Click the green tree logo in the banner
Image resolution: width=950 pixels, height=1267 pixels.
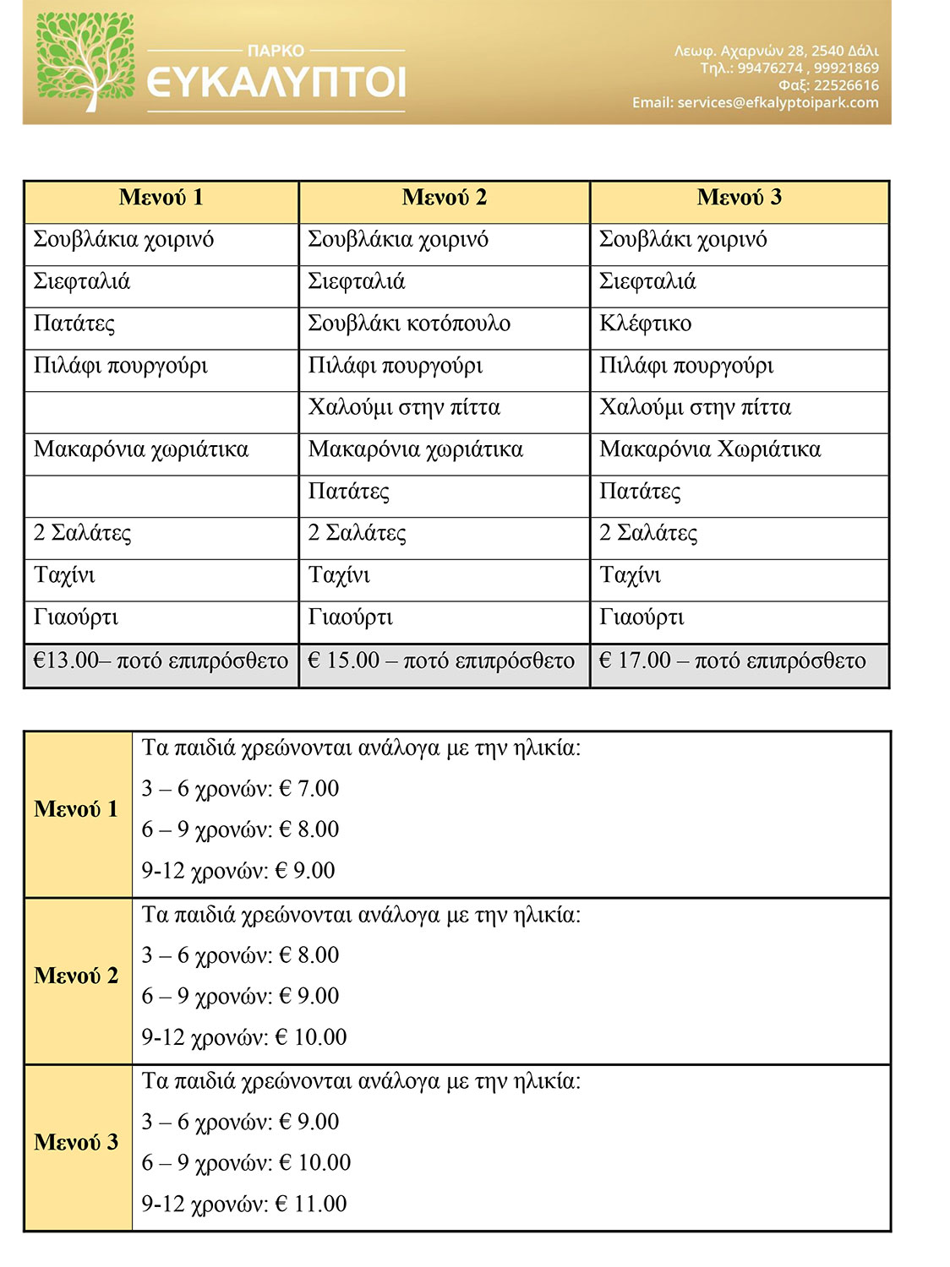(x=85, y=62)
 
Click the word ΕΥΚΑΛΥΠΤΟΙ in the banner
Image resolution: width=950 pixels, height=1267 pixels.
(x=276, y=82)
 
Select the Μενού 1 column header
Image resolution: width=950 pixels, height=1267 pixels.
(x=161, y=198)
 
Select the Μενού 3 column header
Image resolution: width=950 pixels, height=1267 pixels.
(x=739, y=198)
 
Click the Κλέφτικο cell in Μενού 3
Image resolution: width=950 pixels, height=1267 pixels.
(x=646, y=324)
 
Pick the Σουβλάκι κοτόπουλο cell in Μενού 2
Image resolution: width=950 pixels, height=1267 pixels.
(x=409, y=324)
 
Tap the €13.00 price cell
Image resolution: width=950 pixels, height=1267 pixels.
(x=161, y=661)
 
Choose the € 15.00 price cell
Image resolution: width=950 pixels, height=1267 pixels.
(x=441, y=661)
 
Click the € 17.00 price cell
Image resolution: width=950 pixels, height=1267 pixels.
(x=732, y=661)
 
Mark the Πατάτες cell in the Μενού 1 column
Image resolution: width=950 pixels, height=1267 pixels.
(x=74, y=324)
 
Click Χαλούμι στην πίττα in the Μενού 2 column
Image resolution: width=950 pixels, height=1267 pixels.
(x=404, y=407)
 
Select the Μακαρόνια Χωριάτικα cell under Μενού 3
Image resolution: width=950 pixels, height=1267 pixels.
(x=710, y=449)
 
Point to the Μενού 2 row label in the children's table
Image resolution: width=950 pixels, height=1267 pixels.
(x=76, y=976)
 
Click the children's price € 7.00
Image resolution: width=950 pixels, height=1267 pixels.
(x=308, y=789)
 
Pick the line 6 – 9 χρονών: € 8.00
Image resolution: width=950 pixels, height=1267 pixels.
(x=240, y=829)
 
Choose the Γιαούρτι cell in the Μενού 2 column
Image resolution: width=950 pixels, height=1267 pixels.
(x=351, y=617)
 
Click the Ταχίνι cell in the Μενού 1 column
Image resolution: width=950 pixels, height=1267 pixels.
(x=64, y=576)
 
